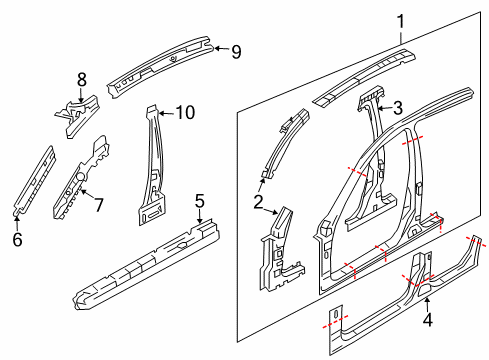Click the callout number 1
(402, 20)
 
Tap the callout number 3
(397, 108)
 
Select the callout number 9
(236, 52)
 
